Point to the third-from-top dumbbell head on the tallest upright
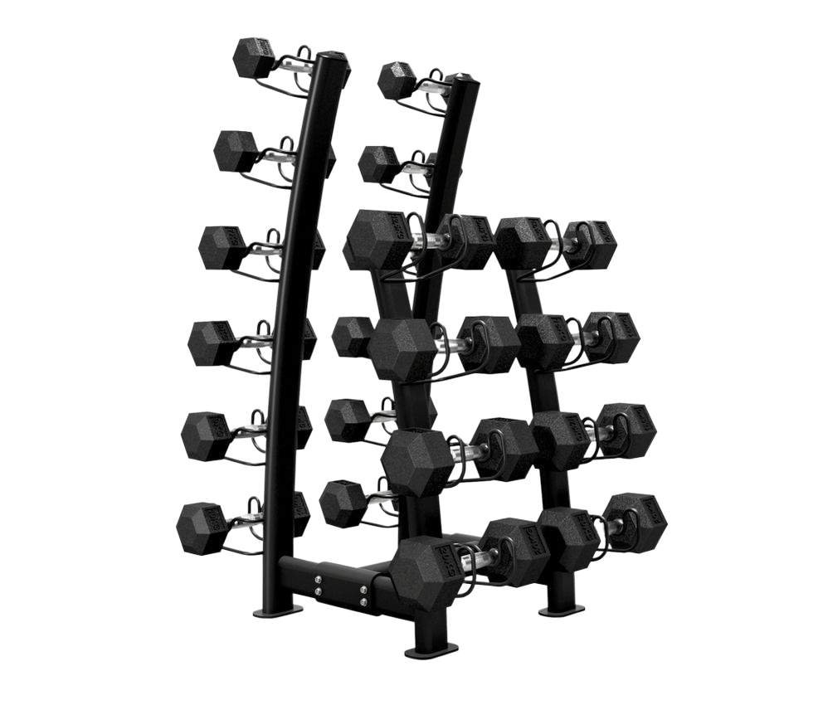[222, 246]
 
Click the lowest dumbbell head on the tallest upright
[201, 524]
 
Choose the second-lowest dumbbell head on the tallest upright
[205, 432]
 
